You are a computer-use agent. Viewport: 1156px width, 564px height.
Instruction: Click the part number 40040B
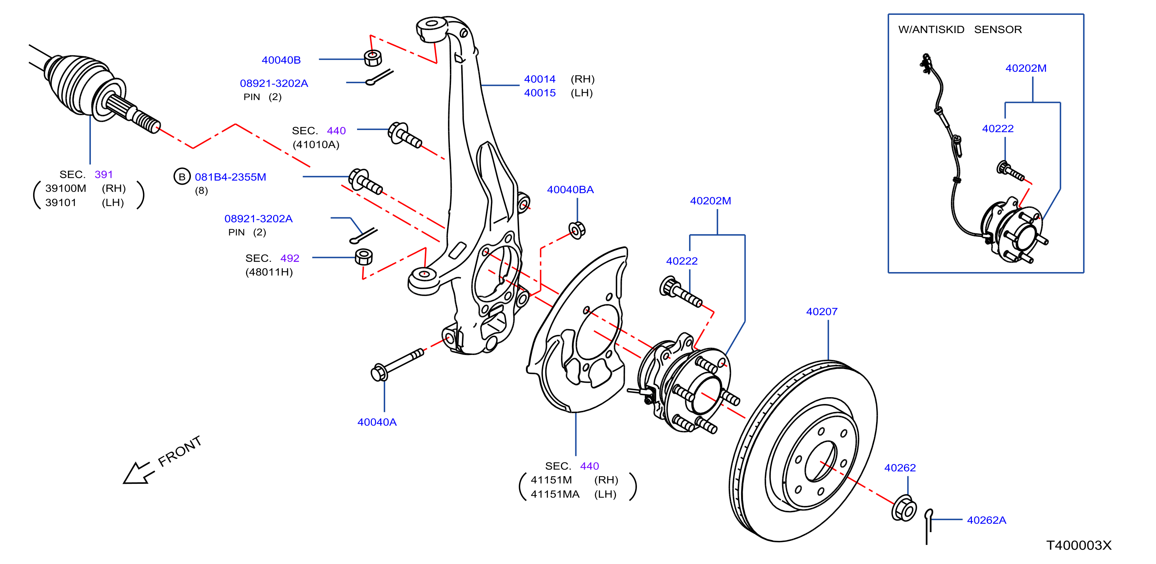[x=281, y=60]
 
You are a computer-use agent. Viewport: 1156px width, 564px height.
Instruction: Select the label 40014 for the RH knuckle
[x=540, y=79]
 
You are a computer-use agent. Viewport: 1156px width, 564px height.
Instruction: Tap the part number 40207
[x=822, y=311]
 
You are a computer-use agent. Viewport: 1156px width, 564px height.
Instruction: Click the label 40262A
[x=986, y=520]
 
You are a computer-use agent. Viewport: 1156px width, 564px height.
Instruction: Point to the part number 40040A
[x=377, y=422]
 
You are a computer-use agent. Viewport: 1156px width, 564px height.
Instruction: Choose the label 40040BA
[x=570, y=190]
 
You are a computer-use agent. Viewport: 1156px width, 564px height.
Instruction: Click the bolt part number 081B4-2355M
[x=230, y=177]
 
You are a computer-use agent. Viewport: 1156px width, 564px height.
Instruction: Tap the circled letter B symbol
[x=182, y=177]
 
